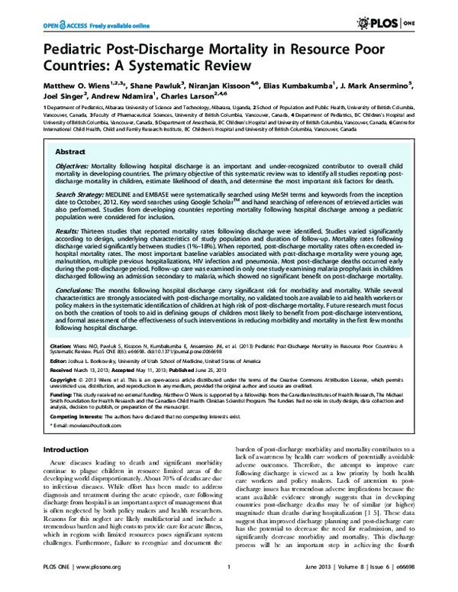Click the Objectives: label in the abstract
click(71, 165)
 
